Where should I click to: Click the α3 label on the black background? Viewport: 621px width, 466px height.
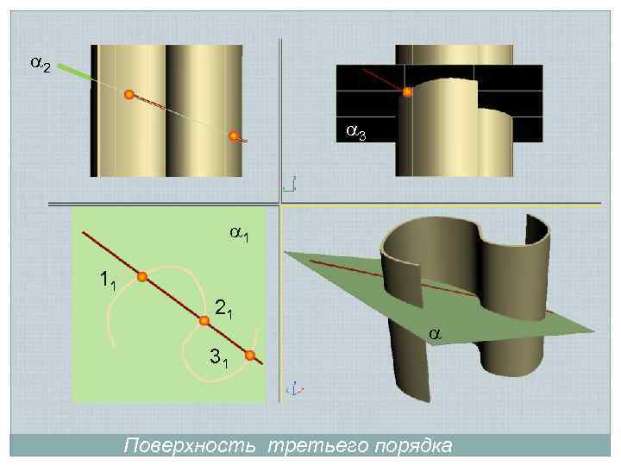pos(356,131)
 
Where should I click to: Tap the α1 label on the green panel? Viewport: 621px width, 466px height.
pos(240,233)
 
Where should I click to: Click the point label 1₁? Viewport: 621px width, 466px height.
pos(108,280)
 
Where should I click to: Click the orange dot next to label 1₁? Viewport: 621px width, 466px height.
pos(142,277)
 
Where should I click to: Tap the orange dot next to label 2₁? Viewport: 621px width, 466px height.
pos(204,321)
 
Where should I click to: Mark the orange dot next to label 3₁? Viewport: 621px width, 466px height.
pos(249,356)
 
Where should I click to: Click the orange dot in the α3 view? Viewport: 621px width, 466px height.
pos(408,91)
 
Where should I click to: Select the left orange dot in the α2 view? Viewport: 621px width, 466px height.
pos(129,95)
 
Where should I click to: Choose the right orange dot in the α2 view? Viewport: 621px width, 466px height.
pos(233,135)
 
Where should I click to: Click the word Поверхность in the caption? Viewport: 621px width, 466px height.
pos(189,446)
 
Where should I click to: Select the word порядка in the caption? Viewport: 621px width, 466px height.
pos(412,446)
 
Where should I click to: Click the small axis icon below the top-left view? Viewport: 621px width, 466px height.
pos(290,184)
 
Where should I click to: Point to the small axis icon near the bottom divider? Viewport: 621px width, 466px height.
pos(293,389)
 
